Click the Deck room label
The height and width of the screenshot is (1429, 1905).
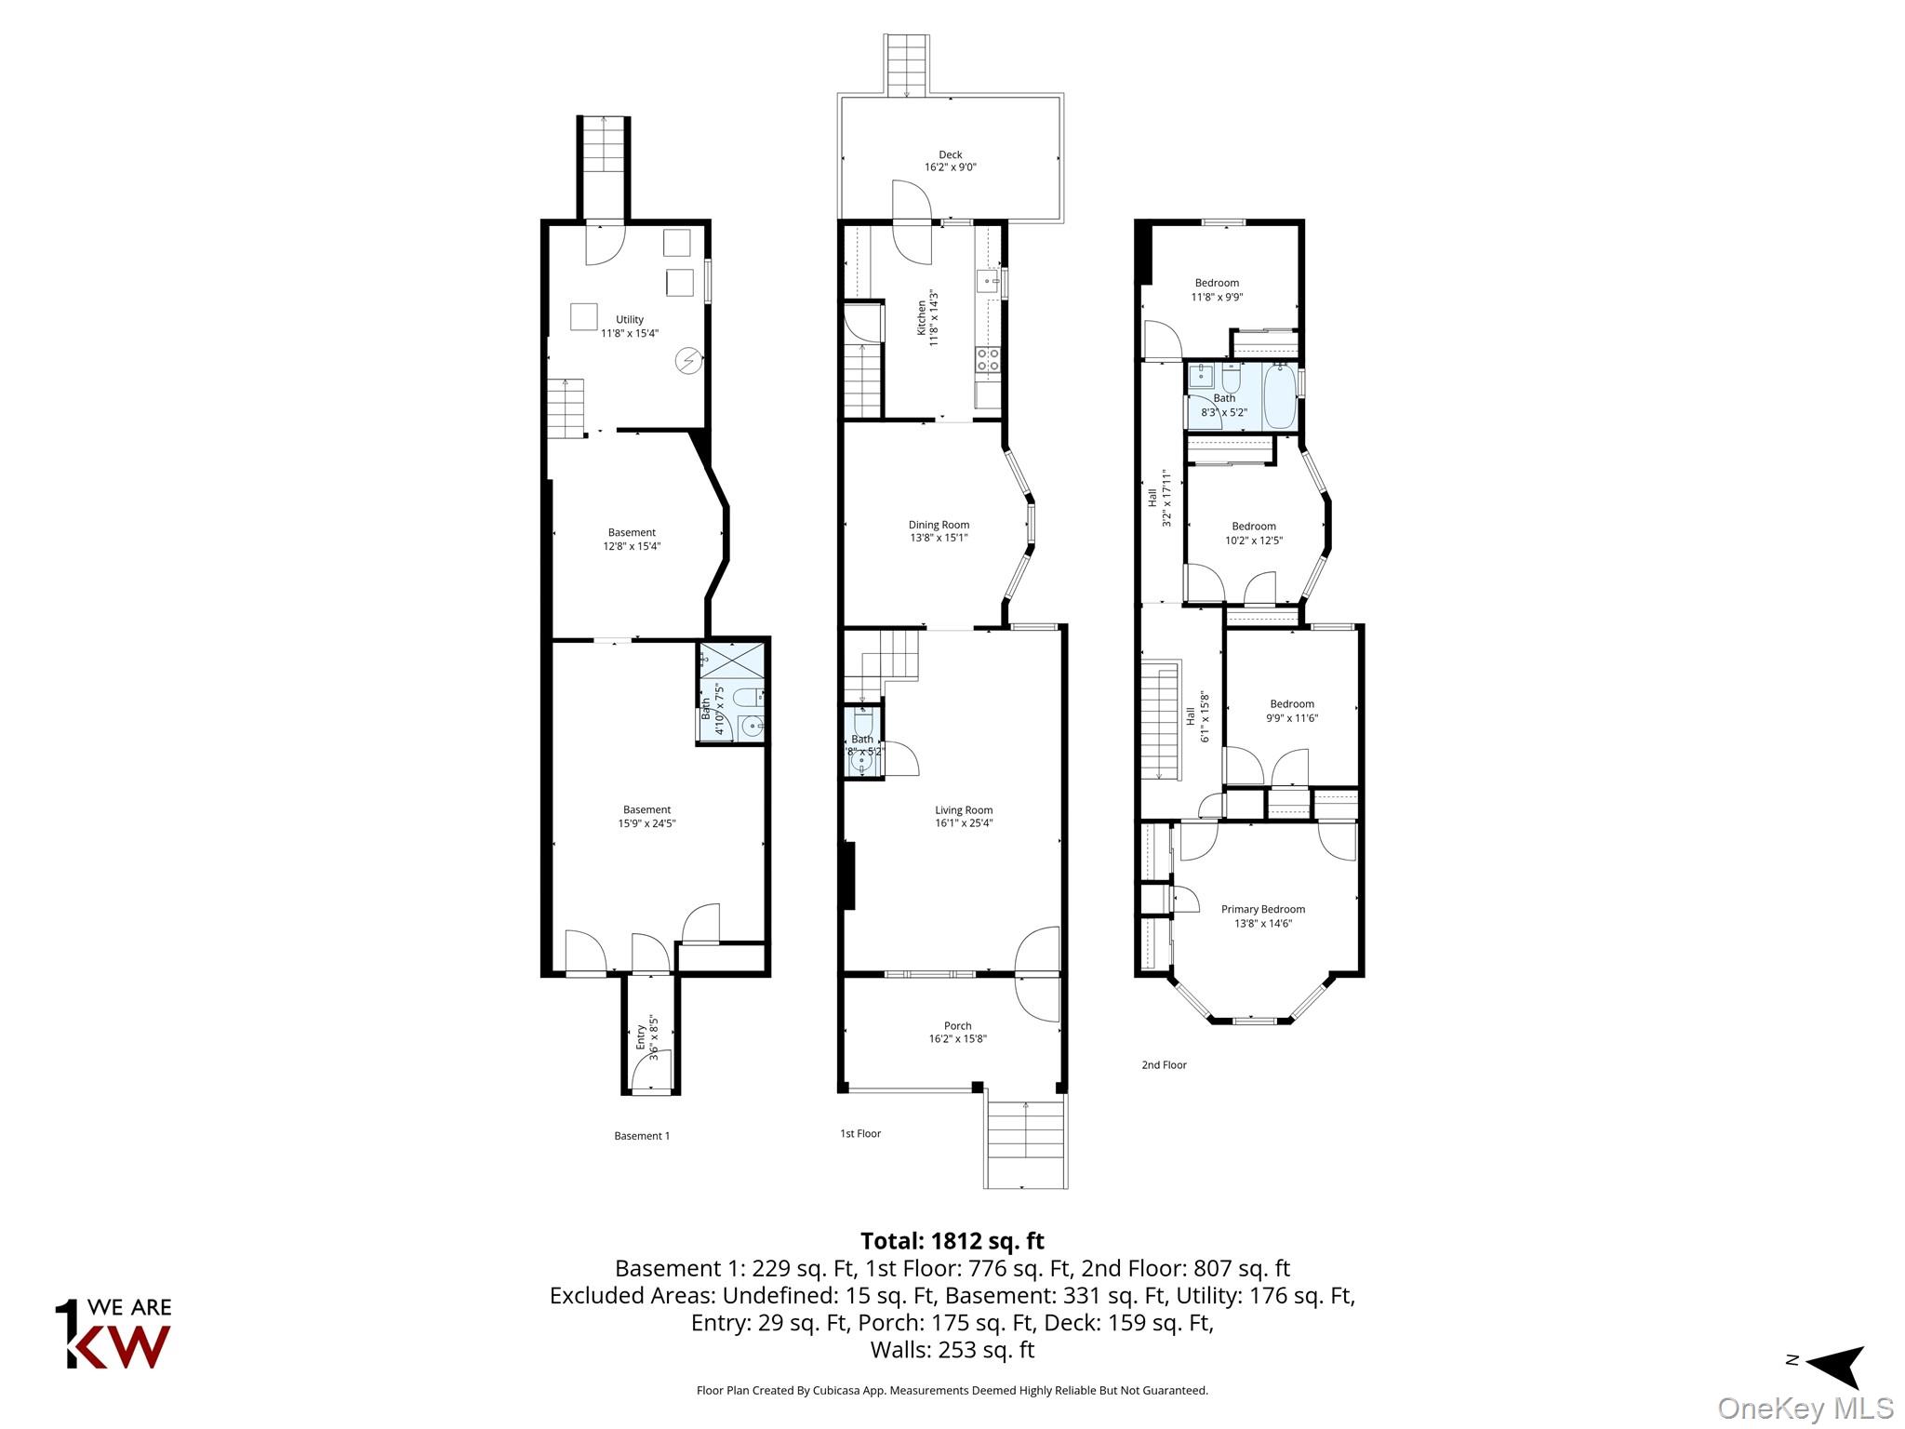coord(950,155)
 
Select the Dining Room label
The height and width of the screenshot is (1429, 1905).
coord(939,525)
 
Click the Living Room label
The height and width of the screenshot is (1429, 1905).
coord(964,810)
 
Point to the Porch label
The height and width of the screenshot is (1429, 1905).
coord(957,1026)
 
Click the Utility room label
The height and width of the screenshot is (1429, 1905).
coord(630,319)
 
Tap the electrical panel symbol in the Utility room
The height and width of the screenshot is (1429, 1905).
coord(689,361)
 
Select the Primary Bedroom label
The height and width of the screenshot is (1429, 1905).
coord(1262,909)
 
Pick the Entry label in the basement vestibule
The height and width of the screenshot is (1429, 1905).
coord(641,1037)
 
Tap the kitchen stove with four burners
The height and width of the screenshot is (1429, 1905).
coord(987,360)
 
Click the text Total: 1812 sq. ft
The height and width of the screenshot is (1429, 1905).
coord(952,1241)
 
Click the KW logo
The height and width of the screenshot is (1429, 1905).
coord(113,1334)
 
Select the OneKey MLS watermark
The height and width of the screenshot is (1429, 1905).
coord(1805,1409)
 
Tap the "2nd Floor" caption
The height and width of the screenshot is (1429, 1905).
coord(1164,1064)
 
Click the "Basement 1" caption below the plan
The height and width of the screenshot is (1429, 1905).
coord(642,1136)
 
